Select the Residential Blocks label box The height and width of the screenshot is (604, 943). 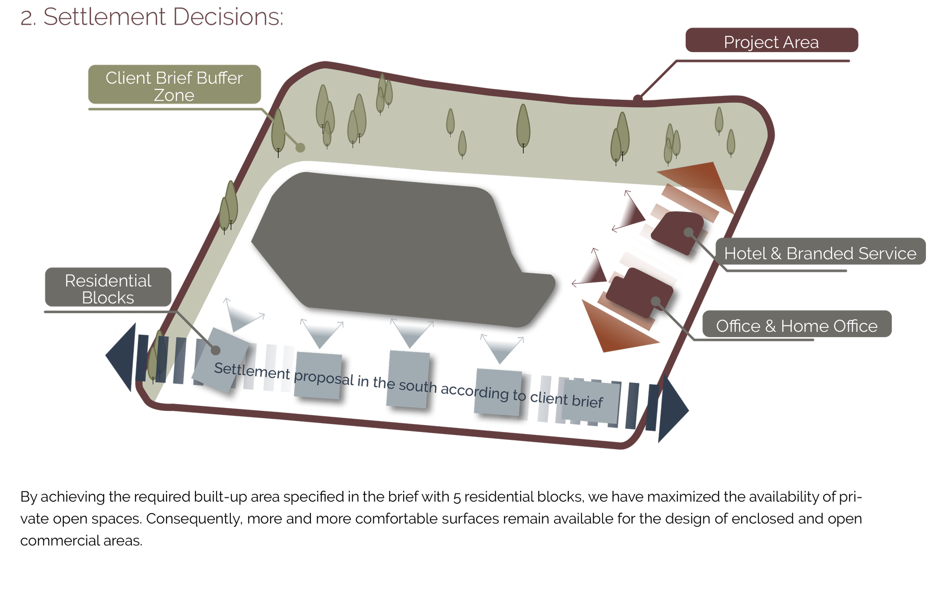click(x=108, y=288)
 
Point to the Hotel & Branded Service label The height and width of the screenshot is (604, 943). click(x=820, y=253)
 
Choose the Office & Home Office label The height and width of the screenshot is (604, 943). click(x=796, y=325)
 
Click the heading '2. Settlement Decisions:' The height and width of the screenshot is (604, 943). click(x=152, y=18)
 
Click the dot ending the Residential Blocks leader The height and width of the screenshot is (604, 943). click(x=215, y=350)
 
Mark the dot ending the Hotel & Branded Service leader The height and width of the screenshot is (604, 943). click(x=689, y=232)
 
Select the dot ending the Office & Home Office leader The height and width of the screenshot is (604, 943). click(x=656, y=301)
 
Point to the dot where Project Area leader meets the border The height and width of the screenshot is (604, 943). click(x=638, y=99)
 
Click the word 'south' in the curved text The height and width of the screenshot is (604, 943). click(x=417, y=386)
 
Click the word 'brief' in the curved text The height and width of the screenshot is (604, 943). click(x=587, y=402)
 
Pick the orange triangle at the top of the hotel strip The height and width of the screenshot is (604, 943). click(x=702, y=182)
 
